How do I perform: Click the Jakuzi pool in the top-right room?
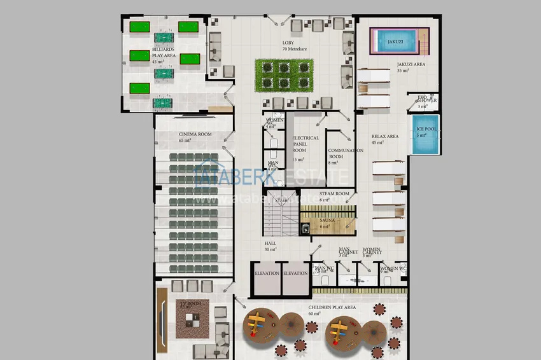coord(394,41)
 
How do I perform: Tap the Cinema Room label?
coord(195,134)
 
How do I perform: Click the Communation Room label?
coord(346,153)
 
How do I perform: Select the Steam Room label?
coord(334,193)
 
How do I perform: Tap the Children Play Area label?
coord(332,307)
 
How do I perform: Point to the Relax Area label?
coord(385,136)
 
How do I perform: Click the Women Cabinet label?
coord(372,252)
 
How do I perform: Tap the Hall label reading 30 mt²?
coord(270,246)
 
